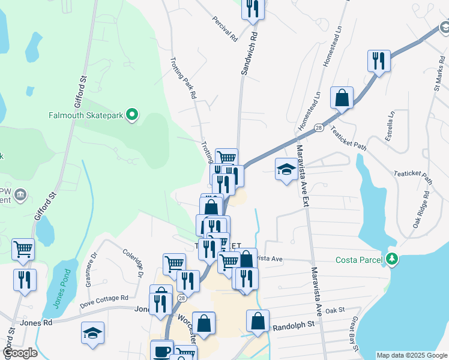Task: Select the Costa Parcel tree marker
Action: click(392, 259)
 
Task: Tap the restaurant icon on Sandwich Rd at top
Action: click(253, 8)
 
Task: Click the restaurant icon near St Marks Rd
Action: click(379, 61)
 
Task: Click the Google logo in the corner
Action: click(20, 353)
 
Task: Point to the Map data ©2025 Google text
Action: click(411, 355)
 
